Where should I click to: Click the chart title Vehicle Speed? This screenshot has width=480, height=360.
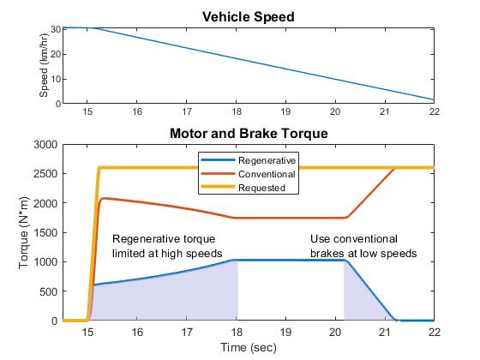click(249, 16)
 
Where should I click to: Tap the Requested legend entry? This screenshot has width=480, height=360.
click(262, 186)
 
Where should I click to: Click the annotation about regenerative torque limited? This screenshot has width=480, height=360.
click(167, 246)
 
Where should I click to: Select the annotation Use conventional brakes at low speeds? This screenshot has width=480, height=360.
click(363, 246)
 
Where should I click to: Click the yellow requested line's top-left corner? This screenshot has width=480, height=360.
click(100, 168)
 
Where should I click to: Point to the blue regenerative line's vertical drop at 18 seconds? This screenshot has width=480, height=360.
click(237, 291)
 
